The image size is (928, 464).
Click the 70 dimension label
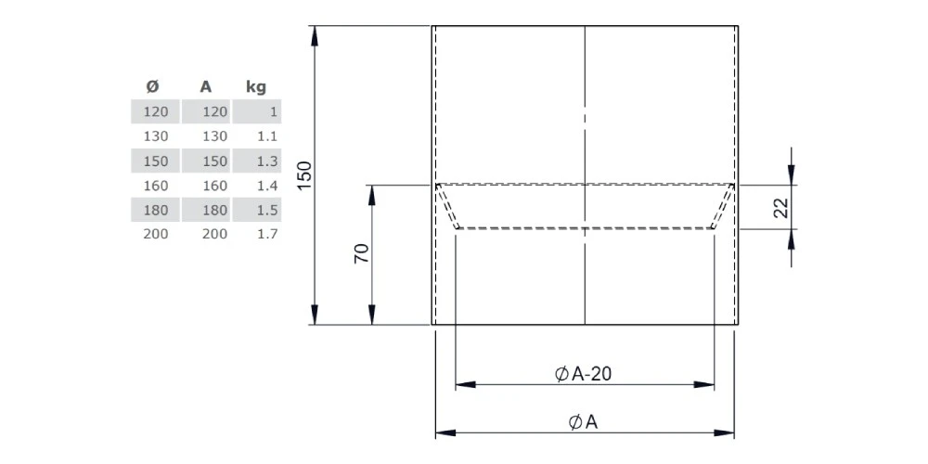click(x=362, y=253)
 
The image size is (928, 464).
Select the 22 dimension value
click(x=780, y=206)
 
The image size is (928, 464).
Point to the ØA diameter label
click(x=583, y=422)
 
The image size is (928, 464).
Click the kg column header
click(x=255, y=87)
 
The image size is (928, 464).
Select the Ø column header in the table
click(x=153, y=87)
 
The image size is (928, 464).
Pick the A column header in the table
click(x=206, y=87)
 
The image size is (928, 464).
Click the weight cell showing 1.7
click(x=266, y=234)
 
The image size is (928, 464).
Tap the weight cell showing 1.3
click(x=266, y=161)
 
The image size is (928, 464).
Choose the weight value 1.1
click(x=266, y=135)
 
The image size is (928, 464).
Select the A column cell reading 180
click(x=213, y=210)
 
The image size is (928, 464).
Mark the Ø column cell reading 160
click(x=156, y=185)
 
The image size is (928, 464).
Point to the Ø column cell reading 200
click(x=156, y=234)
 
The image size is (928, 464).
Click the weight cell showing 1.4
click(x=266, y=185)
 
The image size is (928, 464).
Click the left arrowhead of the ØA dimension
click(x=444, y=432)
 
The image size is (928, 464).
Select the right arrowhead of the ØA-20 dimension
click(x=707, y=383)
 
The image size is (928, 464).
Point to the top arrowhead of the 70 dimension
click(x=372, y=192)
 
